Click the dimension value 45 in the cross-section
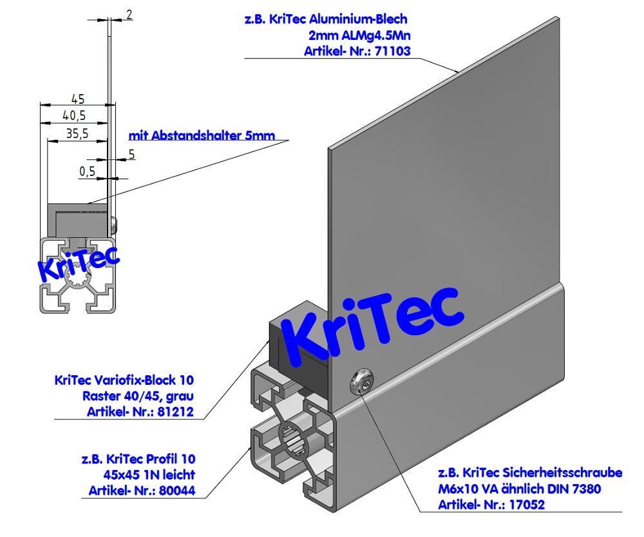point(77,99)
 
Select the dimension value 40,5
point(74,115)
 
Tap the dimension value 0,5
point(87,171)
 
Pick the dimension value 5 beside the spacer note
point(131,153)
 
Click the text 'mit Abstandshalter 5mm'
point(202,135)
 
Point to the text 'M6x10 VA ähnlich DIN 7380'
point(519,489)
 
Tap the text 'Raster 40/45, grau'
point(138,396)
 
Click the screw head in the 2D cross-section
point(115,224)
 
